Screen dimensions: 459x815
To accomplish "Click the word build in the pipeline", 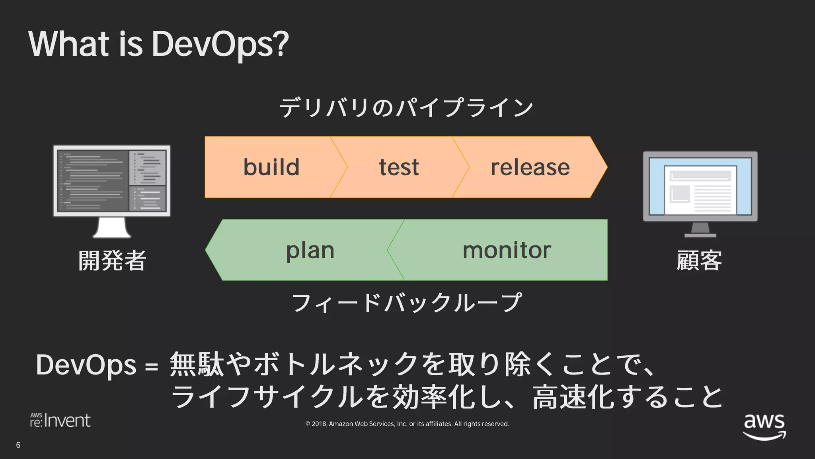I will (x=271, y=167).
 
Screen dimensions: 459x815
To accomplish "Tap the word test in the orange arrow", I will (x=399, y=167).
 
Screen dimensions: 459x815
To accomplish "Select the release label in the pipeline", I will (x=530, y=167).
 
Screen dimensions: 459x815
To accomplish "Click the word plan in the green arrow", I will (x=310, y=251).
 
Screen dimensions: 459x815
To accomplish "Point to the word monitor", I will (x=507, y=251).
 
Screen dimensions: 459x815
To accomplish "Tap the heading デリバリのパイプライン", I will (x=406, y=108).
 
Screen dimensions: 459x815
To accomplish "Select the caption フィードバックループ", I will (x=406, y=303).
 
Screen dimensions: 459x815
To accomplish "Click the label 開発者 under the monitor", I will (x=112, y=261).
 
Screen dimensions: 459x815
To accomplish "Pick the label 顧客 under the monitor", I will (x=699, y=261).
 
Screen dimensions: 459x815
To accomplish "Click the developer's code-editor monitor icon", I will (x=112, y=181).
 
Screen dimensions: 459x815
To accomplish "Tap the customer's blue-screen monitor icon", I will (x=700, y=186).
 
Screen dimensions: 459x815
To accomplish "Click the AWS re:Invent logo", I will (x=60, y=420).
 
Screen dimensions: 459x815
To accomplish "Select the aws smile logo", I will (x=764, y=426).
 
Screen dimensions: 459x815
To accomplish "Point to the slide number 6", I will (x=18, y=445).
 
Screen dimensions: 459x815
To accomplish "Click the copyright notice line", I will (x=407, y=424).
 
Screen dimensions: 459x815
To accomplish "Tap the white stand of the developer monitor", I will (x=112, y=228).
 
